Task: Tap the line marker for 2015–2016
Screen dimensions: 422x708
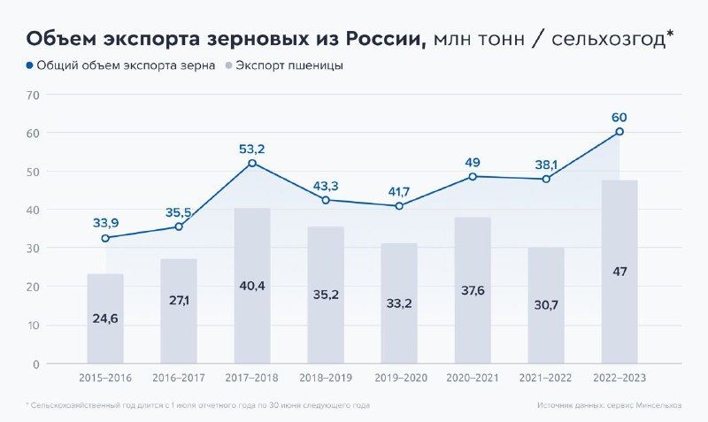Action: click(x=105, y=238)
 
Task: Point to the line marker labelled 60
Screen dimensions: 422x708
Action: click(x=619, y=132)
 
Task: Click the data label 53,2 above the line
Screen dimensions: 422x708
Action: click(x=252, y=149)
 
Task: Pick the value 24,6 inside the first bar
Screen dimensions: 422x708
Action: click(x=105, y=318)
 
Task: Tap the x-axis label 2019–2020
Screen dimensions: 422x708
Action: click(x=399, y=378)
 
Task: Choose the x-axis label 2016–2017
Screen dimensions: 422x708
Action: click(x=179, y=378)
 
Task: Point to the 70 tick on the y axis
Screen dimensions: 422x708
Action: click(x=34, y=94)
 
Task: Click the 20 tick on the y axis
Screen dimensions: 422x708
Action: click(x=34, y=287)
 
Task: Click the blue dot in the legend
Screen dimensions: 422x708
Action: click(x=30, y=65)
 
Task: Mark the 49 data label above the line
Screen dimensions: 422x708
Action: click(x=473, y=162)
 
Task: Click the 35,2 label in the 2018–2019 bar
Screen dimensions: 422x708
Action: click(x=326, y=295)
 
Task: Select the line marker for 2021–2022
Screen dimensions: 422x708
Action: click(x=546, y=179)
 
